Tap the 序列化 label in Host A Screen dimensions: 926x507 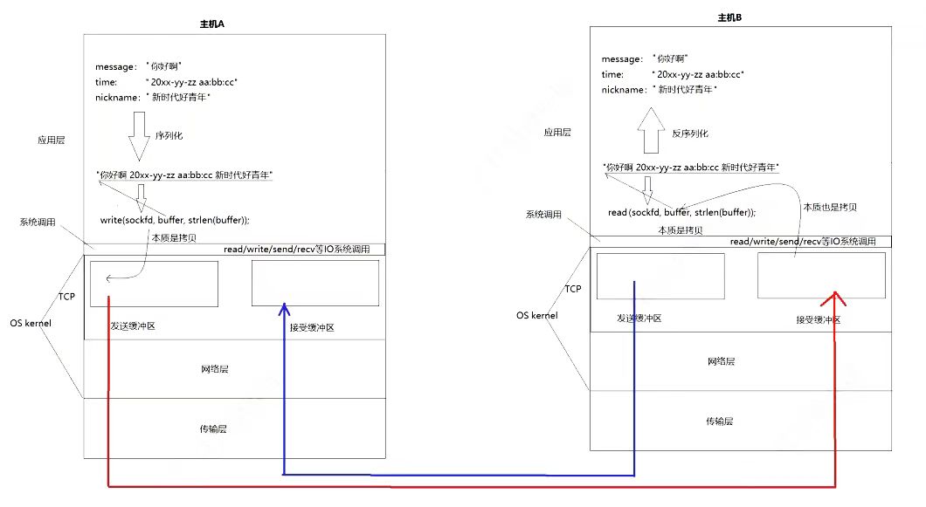point(169,136)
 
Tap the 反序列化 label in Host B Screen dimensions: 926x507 point(690,134)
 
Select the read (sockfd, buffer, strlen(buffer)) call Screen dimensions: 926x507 point(681,212)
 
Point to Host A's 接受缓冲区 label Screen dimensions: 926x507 point(312,327)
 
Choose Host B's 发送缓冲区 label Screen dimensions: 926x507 point(639,319)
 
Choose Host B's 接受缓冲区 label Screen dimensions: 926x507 point(818,320)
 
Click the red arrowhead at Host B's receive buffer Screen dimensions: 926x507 point(836,298)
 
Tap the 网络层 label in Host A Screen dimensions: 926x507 point(214,369)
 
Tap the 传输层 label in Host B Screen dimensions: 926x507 point(719,421)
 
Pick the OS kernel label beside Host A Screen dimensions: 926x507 point(31,324)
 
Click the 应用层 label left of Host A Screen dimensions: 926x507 point(51,139)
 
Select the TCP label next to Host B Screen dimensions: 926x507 point(573,289)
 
